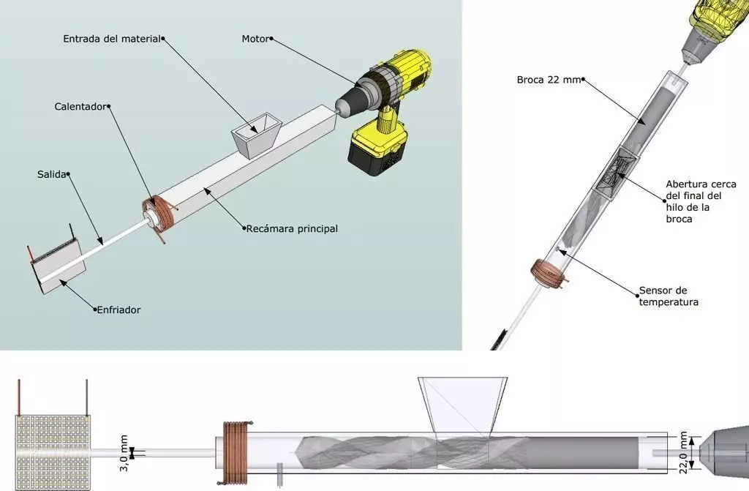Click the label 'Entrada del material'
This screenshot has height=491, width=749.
pyautogui.click(x=110, y=38)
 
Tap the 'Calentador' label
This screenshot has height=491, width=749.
pyautogui.click(x=80, y=106)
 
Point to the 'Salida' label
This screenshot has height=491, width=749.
pyautogui.click(x=51, y=174)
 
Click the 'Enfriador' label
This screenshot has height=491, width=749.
pyautogui.click(x=119, y=310)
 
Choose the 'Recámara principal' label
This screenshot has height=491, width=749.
pyautogui.click(x=293, y=229)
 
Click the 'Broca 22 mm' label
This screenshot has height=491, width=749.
pyautogui.click(x=548, y=79)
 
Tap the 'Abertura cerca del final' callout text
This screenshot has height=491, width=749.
pyautogui.click(x=700, y=201)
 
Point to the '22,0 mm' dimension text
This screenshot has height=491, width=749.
pyautogui.click(x=685, y=451)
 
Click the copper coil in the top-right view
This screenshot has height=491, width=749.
pyautogui.click(x=548, y=271)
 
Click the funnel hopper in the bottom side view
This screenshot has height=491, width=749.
pyautogui.click(x=462, y=407)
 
